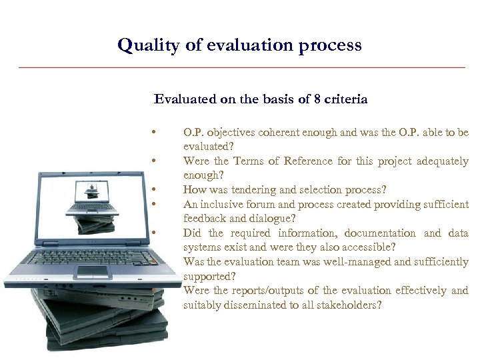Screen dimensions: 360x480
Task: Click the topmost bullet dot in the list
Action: pyautogui.click(x=153, y=131)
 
